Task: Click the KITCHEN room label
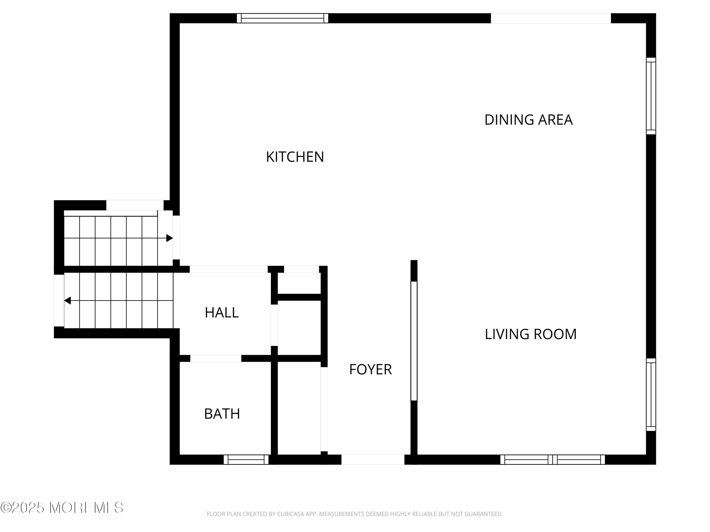[x=295, y=157]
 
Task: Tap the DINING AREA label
[x=528, y=120]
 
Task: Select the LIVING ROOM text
[x=531, y=334]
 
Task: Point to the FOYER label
[x=370, y=369]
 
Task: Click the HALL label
[x=222, y=313]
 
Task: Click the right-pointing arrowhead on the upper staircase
[x=169, y=238]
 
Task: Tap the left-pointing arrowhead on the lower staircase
[x=68, y=301]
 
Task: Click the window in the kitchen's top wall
[x=282, y=18]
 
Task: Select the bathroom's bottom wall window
[x=246, y=459]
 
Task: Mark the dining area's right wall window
[x=651, y=96]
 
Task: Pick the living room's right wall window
[x=651, y=394]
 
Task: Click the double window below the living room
[x=552, y=459]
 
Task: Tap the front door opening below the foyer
[x=373, y=459]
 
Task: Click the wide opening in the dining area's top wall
[x=551, y=18]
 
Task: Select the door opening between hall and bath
[x=216, y=358]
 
